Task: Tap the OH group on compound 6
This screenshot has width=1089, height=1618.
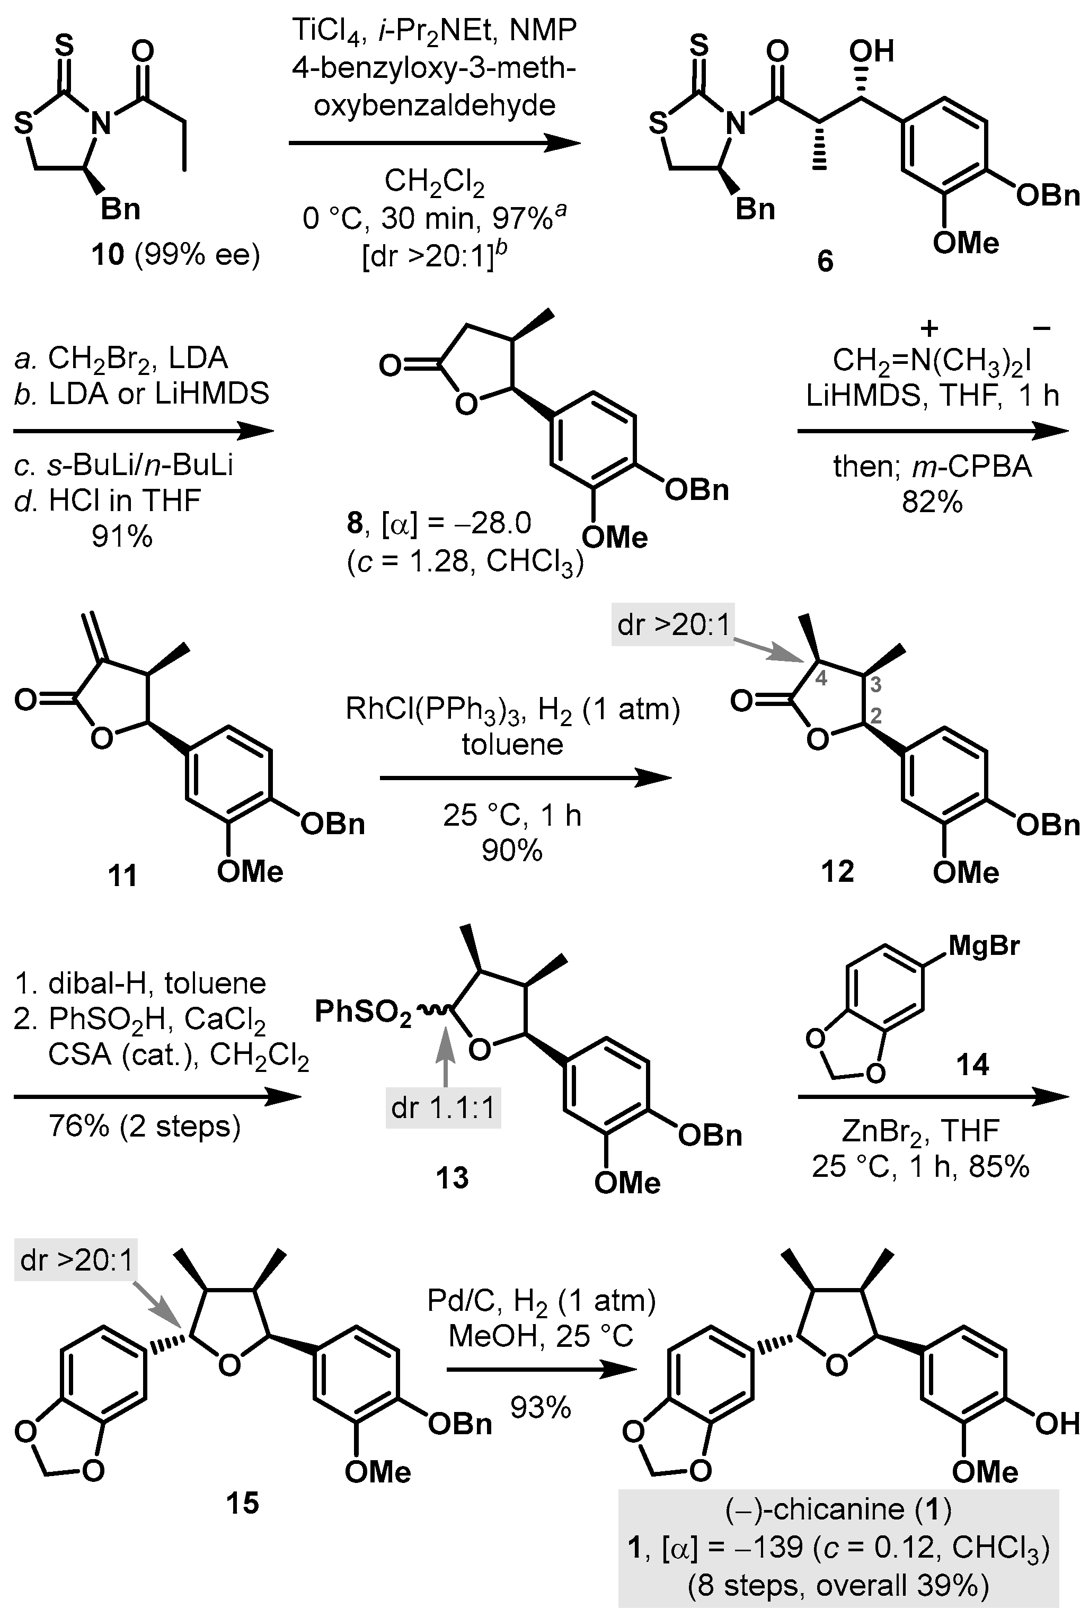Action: (872, 51)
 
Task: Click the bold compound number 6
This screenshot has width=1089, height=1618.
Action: (825, 262)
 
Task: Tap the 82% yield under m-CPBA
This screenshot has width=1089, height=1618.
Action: (932, 502)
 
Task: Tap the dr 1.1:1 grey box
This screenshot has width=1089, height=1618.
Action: (443, 1108)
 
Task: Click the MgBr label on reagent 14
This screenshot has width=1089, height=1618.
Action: (984, 945)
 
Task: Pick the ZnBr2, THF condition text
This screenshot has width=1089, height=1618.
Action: (920, 1131)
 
